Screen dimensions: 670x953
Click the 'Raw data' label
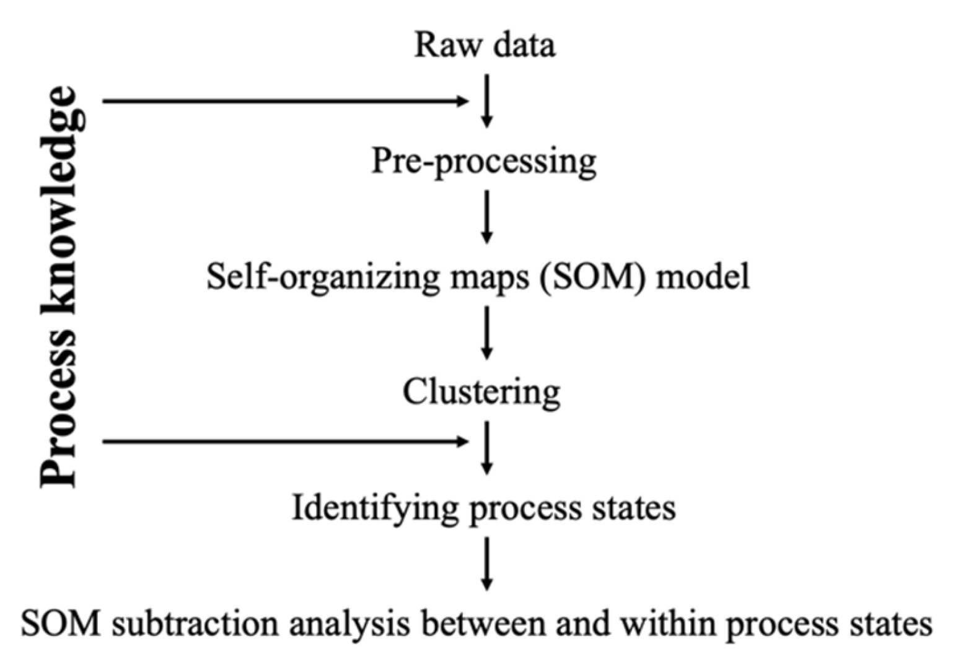tap(485, 45)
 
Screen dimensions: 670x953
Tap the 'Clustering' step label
tap(481, 392)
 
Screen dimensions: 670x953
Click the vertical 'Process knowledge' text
tap(60, 286)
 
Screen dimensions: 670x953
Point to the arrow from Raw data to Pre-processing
tap(487, 101)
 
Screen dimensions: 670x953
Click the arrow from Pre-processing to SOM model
tap(487, 217)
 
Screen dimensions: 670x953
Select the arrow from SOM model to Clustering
tap(487, 333)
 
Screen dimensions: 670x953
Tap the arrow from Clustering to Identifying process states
tap(487, 448)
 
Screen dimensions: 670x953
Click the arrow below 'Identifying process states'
tap(487, 563)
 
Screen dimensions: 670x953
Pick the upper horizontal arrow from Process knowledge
tap(285, 101)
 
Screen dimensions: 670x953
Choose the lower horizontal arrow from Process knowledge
tap(285, 442)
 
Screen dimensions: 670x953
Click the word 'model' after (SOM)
tap(703, 277)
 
